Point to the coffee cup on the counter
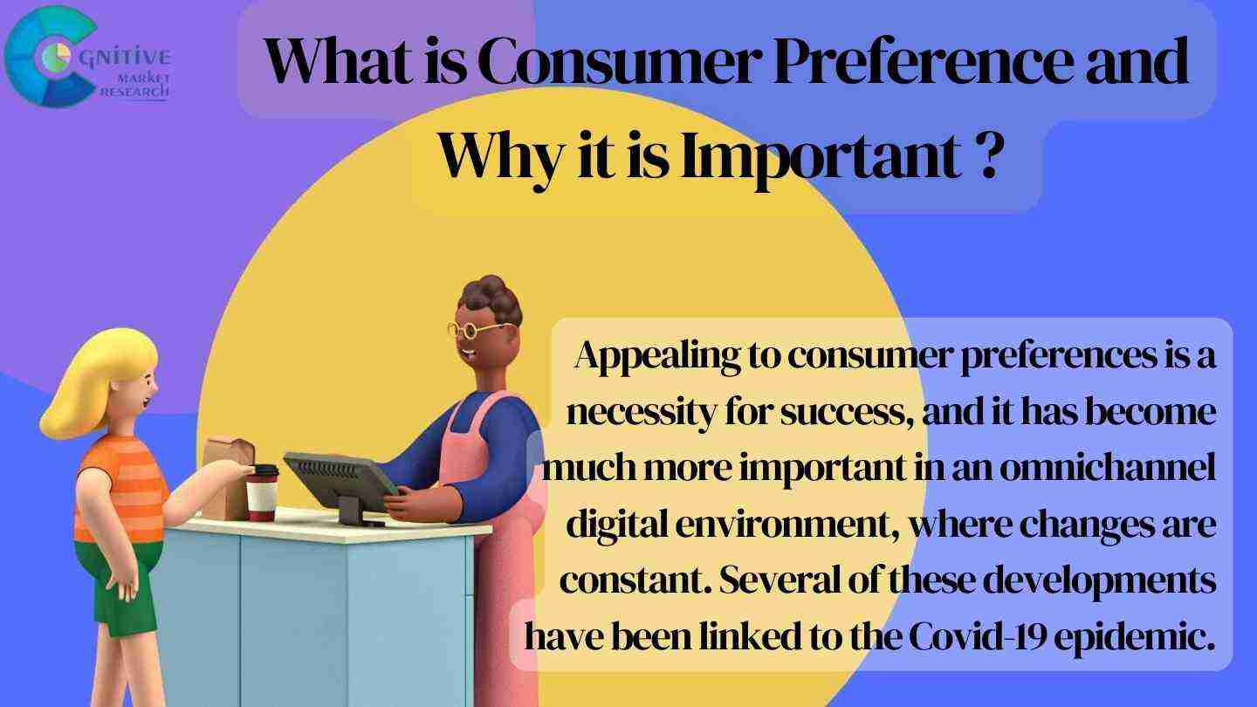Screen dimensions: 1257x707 (x=263, y=492)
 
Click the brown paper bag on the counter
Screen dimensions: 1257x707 (x=227, y=478)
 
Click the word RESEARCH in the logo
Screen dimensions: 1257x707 (x=134, y=92)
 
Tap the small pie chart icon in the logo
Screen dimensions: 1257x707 (x=56, y=56)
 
